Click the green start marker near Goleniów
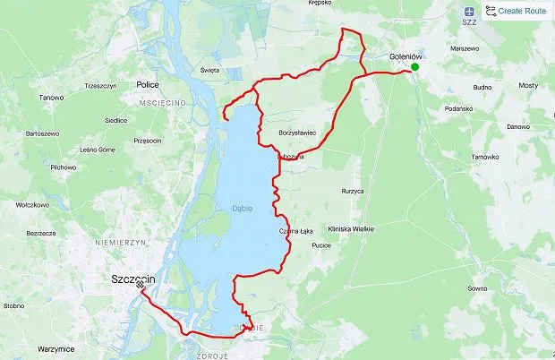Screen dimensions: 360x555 coord(414,67)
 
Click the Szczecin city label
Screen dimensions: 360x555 coord(133,279)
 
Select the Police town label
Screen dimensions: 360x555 coord(148,84)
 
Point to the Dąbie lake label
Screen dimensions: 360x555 coord(241,209)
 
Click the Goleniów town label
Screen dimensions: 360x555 coord(406,56)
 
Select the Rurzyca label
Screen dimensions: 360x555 coord(353,191)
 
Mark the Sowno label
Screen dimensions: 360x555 coord(477,289)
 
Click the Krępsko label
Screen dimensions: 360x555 coord(345,3)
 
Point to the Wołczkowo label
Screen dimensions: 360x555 coord(31,204)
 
